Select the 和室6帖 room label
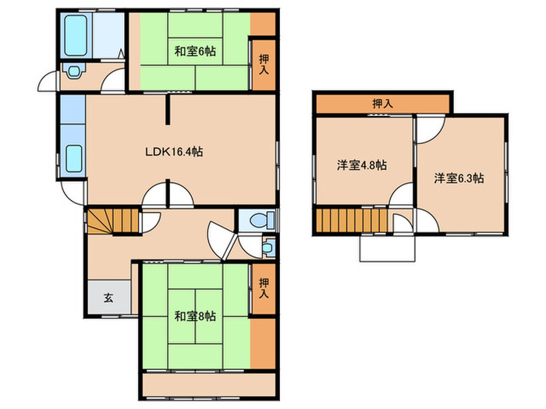tap(195, 52)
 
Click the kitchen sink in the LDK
tap(74, 159)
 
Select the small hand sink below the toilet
tap(268, 248)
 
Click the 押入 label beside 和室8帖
tap(263, 289)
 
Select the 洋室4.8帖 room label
tap(363, 165)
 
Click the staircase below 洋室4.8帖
tap(350, 220)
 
